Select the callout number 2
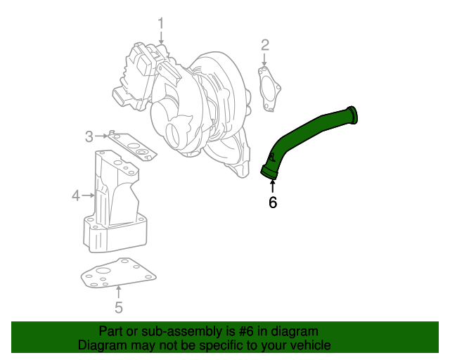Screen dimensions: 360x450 [265, 46]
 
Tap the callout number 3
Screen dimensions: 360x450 [89, 136]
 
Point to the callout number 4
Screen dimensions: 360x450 [76, 195]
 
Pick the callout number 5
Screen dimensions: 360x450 [119, 307]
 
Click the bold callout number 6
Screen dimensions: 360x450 [273, 202]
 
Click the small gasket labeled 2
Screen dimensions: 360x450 [269, 88]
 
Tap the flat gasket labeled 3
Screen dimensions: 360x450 [134, 146]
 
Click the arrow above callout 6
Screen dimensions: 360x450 [273, 186]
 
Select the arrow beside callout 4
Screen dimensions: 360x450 [89, 195]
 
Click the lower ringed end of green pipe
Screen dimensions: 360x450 [268, 171]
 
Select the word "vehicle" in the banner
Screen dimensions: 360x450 [310, 345]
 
